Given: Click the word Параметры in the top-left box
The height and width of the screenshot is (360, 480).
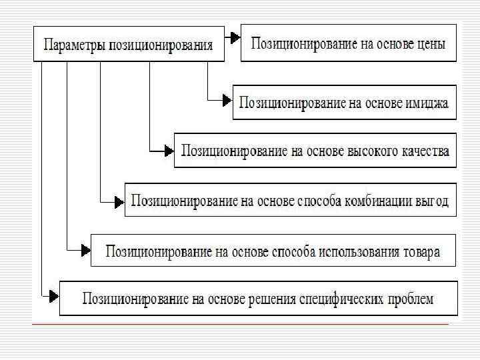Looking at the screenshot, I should [x=71, y=46].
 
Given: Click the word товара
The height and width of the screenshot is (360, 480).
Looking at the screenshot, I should [x=421, y=252].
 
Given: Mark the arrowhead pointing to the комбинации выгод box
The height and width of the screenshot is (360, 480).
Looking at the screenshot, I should [x=119, y=201].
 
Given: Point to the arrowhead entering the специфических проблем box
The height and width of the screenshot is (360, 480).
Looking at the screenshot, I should [x=53, y=294].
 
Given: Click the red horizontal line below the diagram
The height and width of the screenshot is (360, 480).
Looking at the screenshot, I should [x=240, y=324].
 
